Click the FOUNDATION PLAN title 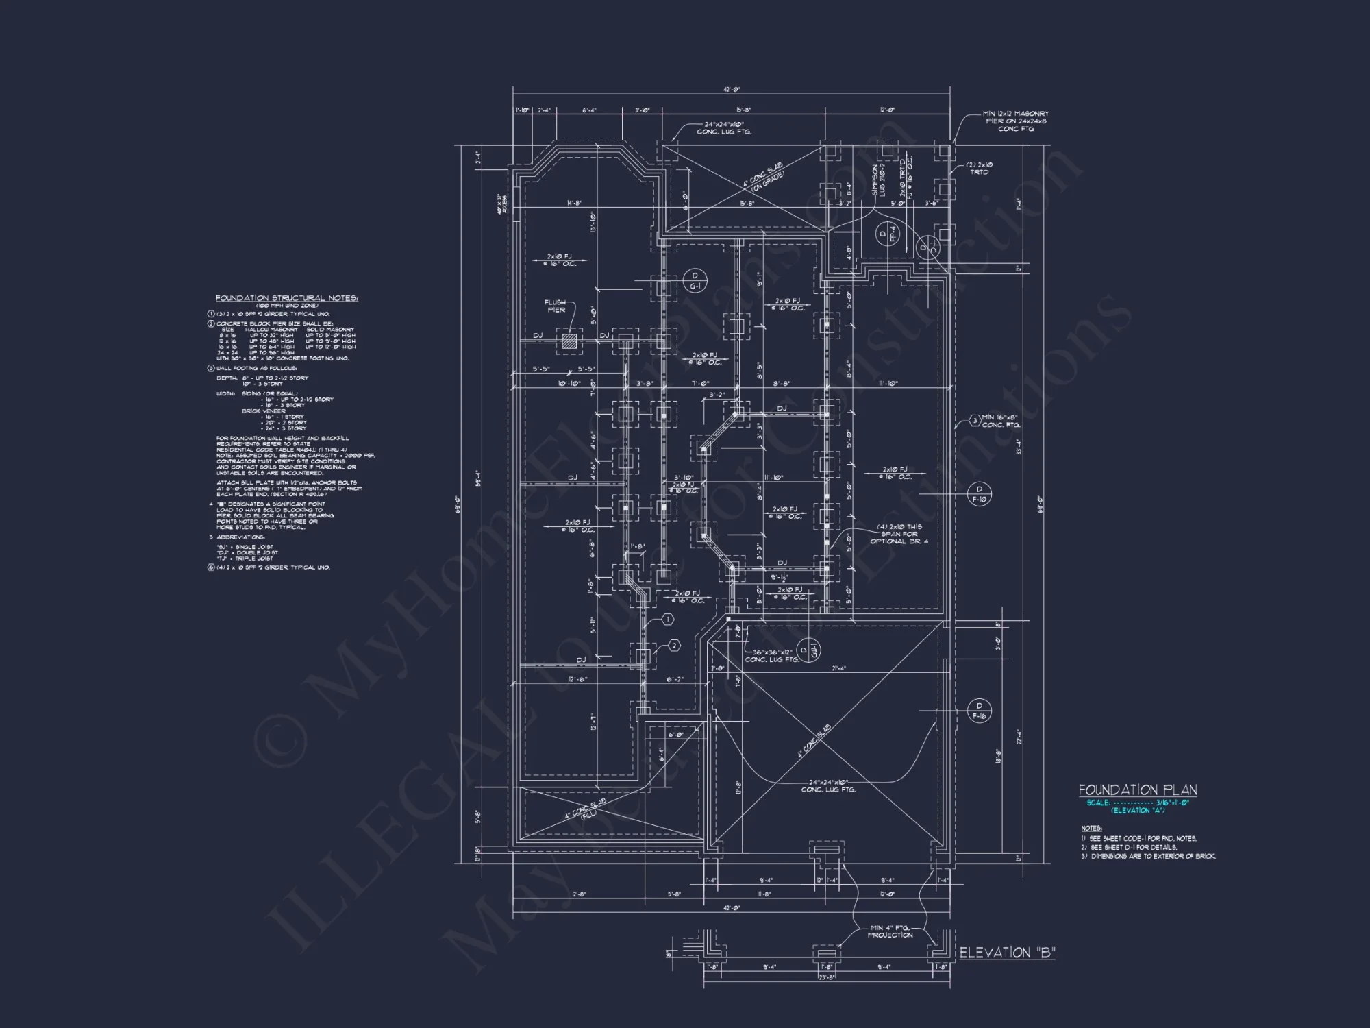tap(1138, 790)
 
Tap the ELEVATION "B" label tap(1007, 953)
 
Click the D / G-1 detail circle tap(695, 280)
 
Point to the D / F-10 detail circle tap(979, 493)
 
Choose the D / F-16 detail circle tap(979, 711)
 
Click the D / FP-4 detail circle tap(888, 234)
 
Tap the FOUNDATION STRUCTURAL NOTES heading tap(286, 298)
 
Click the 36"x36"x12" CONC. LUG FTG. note tap(772, 656)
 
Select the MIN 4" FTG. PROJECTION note tap(890, 931)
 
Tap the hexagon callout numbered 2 tap(674, 646)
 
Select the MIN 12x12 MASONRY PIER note tap(1015, 121)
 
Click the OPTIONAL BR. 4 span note tap(899, 534)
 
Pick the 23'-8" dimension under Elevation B tap(827, 977)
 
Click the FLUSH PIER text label tap(556, 306)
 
